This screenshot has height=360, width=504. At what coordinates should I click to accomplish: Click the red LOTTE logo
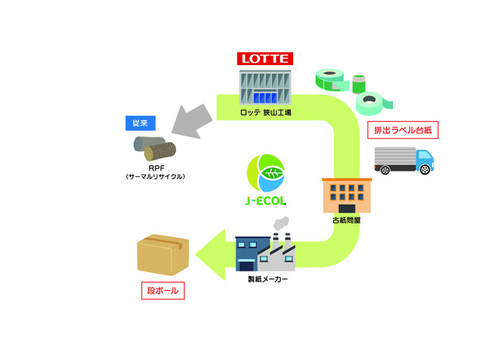pos(264,58)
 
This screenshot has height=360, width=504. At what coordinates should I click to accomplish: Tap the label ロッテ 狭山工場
pos(265,113)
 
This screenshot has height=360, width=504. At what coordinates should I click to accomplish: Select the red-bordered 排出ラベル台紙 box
pos(402,128)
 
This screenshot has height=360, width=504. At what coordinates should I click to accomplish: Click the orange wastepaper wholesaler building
pos(347,196)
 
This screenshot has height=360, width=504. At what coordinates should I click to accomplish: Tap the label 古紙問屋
pos(347,220)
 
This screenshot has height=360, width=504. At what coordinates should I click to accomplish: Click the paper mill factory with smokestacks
pos(264,250)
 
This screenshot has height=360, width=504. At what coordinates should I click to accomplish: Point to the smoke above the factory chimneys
pos(280,222)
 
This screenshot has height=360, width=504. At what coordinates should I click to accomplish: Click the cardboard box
pos(164,257)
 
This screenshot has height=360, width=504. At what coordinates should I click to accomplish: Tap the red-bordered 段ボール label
pos(163,292)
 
